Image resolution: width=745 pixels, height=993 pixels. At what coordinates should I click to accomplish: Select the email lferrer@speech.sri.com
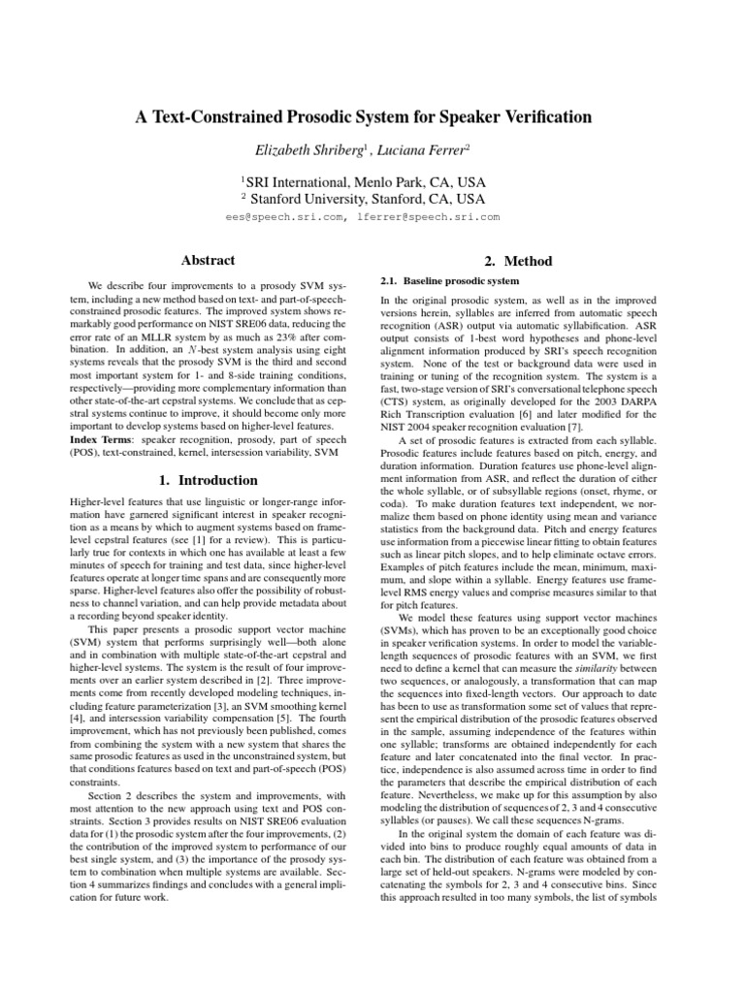coord(428,217)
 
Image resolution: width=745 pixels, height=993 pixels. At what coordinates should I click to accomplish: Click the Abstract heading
coord(209,260)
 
